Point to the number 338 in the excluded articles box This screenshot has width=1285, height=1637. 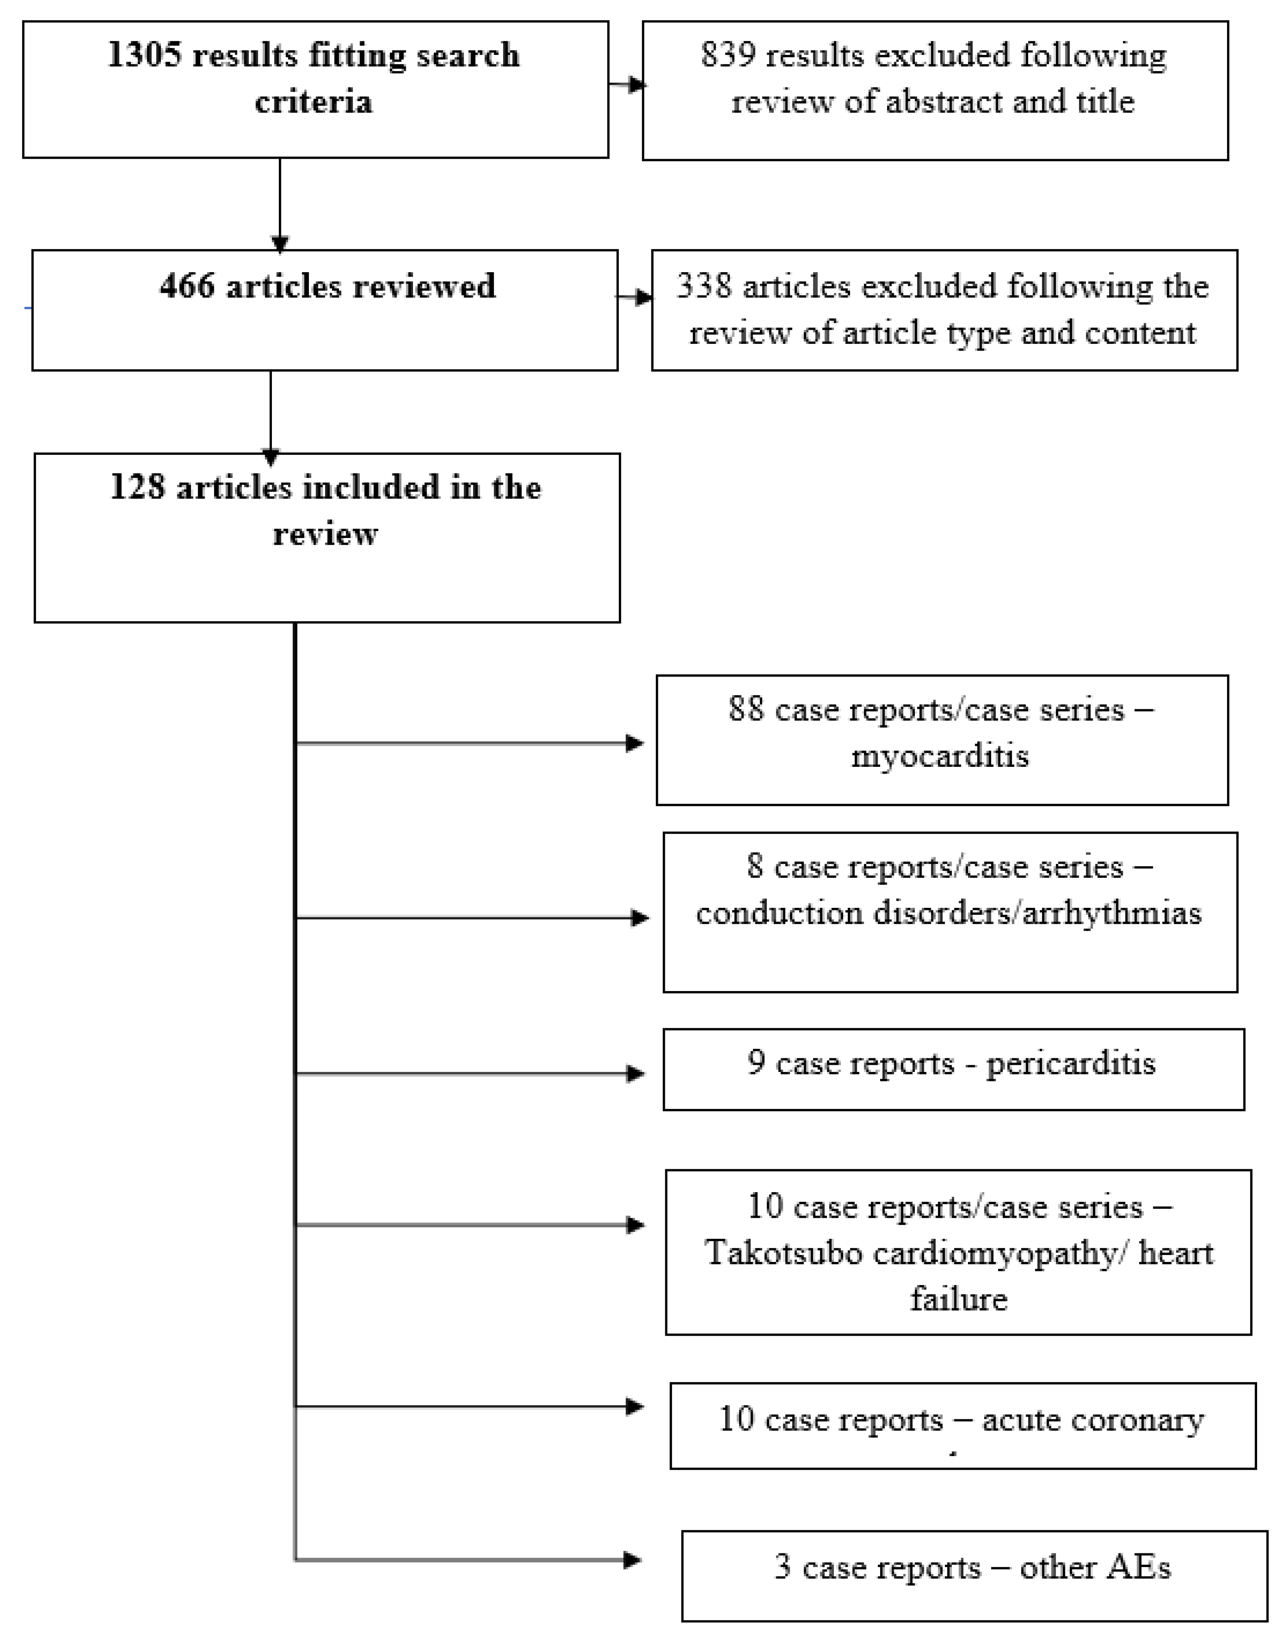coord(703,286)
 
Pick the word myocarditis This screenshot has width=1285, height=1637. coord(940,755)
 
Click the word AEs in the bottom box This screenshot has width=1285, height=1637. coord(1138,1567)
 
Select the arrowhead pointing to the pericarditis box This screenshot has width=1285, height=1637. coord(636,1074)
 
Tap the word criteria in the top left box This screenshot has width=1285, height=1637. coord(313,102)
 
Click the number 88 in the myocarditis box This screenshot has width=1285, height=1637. coord(745,709)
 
